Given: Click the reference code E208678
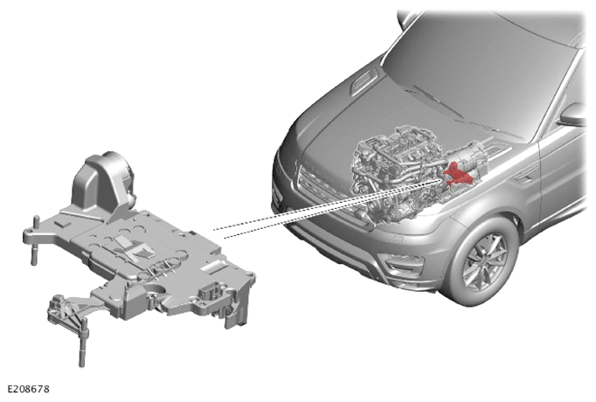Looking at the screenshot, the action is (x=29, y=389).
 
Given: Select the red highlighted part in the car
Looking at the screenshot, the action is (x=457, y=174).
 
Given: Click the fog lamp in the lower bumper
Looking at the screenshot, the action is (x=404, y=263).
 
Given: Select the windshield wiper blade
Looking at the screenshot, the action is (x=437, y=100).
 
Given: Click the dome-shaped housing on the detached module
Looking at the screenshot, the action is (x=102, y=186).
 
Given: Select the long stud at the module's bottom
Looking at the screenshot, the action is (x=83, y=343).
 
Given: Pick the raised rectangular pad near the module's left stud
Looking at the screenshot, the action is (x=62, y=223).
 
